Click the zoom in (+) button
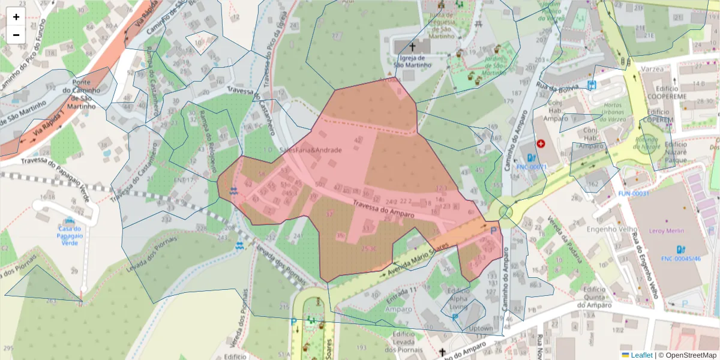[x=16, y=17]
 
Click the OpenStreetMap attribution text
[x=690, y=355]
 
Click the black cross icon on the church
[x=413, y=46]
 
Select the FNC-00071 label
[x=532, y=167]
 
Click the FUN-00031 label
[x=634, y=194]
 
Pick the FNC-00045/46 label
[x=681, y=259]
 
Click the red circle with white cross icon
[x=541, y=144]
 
